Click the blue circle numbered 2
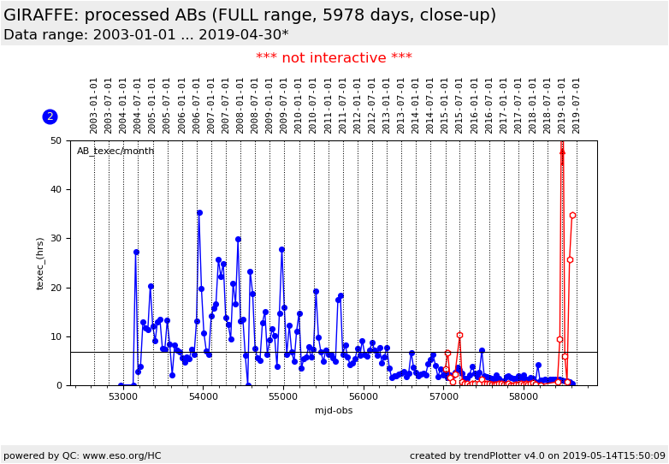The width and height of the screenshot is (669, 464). (50, 116)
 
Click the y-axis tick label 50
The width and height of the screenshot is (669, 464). (56, 140)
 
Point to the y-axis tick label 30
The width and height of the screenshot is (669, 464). (56, 239)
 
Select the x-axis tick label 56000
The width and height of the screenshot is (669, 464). (363, 397)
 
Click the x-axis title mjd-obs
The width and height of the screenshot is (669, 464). (334, 411)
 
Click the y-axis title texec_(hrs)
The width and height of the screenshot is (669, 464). (40, 263)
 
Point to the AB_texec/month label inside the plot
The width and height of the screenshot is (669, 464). (115, 152)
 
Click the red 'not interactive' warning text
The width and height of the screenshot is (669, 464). (334, 58)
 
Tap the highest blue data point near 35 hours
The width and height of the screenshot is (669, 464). (199, 212)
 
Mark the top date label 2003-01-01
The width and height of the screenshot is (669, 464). (94, 104)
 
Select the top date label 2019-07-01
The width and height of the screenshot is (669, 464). (577, 104)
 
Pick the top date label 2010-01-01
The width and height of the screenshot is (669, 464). (299, 104)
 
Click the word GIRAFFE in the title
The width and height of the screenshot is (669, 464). (43, 15)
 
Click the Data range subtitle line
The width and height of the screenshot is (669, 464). (145, 35)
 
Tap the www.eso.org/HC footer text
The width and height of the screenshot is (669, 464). (81, 456)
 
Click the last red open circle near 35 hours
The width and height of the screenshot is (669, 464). (572, 216)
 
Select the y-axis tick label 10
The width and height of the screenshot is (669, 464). (56, 336)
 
